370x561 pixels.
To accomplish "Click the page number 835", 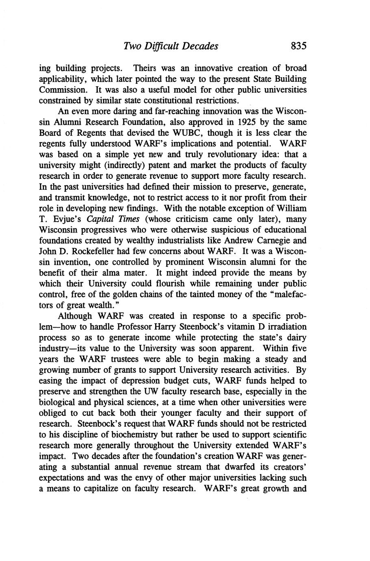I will click(298, 46).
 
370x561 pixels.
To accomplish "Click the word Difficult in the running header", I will click(160, 46).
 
